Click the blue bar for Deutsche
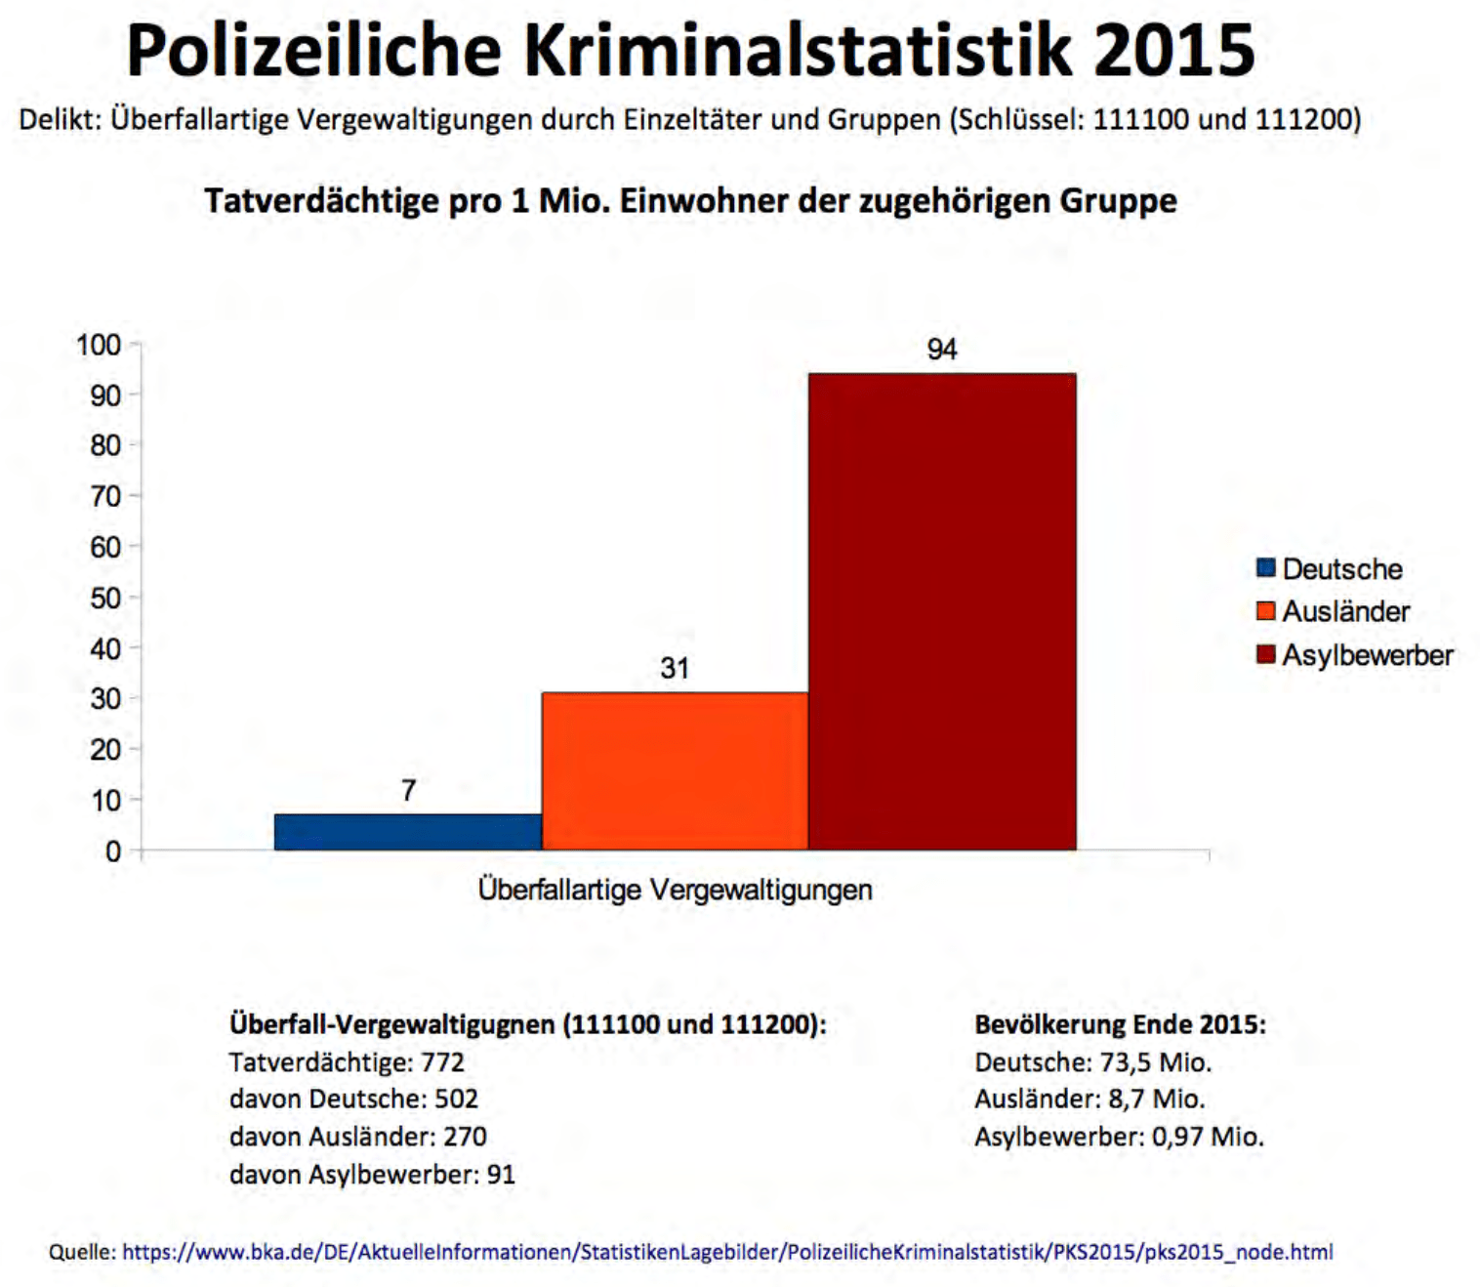tap(408, 832)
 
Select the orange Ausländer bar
tap(675, 771)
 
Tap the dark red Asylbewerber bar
tap(942, 612)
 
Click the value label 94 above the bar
tap(942, 350)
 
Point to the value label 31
tap(675, 669)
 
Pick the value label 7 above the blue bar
tap(408, 790)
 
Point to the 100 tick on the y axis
tap(99, 345)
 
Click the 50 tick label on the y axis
tap(105, 598)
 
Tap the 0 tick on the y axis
tap(113, 851)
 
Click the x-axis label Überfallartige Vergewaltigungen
tap(675, 890)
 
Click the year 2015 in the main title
tap(1173, 51)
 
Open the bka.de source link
tap(727, 1252)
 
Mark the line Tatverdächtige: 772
tap(347, 1062)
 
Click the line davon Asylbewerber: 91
tap(372, 1174)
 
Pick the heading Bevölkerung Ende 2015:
tap(1120, 1024)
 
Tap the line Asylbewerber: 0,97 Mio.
tap(1119, 1137)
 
